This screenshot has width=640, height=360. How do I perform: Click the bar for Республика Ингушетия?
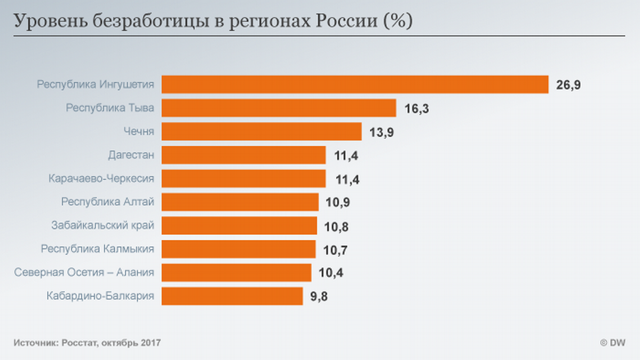[355, 84]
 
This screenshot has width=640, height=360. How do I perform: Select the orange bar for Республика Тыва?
[279, 108]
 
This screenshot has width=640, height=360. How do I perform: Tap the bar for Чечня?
[262, 131]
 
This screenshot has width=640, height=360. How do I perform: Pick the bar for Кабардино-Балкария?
[232, 296]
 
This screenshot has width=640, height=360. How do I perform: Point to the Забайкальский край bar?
[239, 225]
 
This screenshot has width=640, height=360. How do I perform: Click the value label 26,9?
[568, 85]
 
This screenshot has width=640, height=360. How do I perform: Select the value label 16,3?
[416, 109]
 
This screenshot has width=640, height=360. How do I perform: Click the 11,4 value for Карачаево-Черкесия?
[347, 179]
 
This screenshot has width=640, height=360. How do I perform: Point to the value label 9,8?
[319, 297]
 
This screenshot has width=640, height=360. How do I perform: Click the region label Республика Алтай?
[108, 202]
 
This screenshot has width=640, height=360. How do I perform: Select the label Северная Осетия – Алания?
[84, 272]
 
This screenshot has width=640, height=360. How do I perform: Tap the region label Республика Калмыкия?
[98, 249]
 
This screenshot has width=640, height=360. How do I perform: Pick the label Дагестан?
[131, 155]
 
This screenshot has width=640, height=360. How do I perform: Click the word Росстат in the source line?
[78, 343]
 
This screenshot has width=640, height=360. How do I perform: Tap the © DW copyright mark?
[612, 343]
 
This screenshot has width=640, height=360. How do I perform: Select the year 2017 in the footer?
[151, 343]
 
